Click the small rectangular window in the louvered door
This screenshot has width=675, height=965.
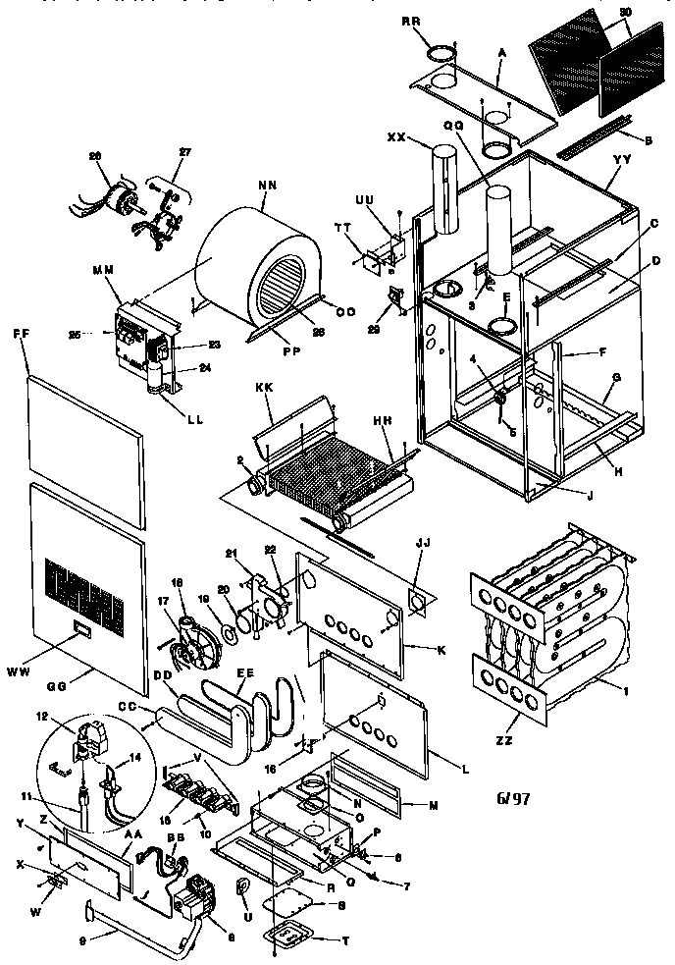79,628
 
